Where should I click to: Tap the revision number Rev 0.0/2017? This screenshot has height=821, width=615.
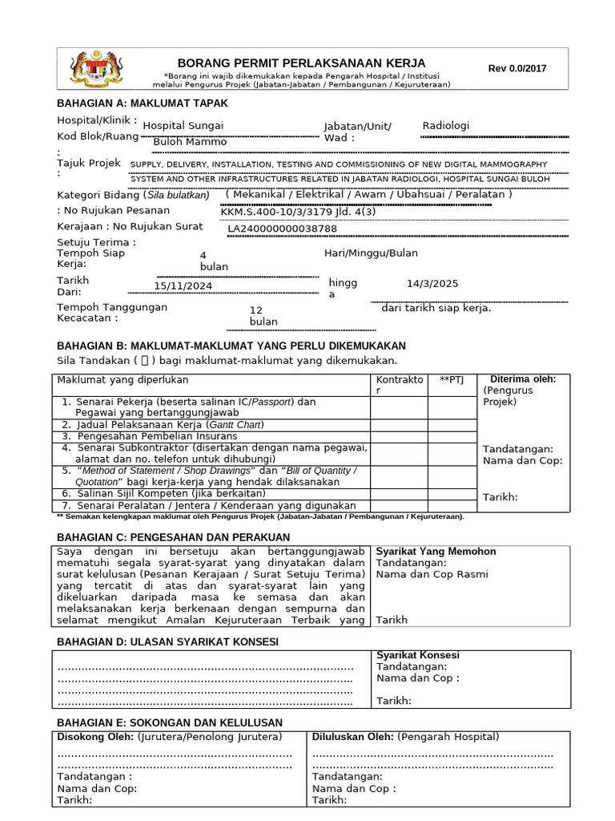517,68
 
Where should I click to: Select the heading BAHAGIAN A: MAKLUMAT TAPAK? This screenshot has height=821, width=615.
142,103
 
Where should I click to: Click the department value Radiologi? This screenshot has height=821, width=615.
446,126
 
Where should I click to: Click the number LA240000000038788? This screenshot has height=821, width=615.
283,229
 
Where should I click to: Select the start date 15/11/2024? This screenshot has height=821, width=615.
183,285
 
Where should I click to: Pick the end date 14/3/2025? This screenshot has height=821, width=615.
432,283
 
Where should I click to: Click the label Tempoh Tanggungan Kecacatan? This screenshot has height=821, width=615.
112,313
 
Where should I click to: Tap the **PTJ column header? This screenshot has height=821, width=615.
452,379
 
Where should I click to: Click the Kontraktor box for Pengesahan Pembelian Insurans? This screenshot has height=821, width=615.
398,436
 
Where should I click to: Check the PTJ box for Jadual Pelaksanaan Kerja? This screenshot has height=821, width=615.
452,424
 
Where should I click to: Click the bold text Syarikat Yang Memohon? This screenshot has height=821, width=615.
436,552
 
